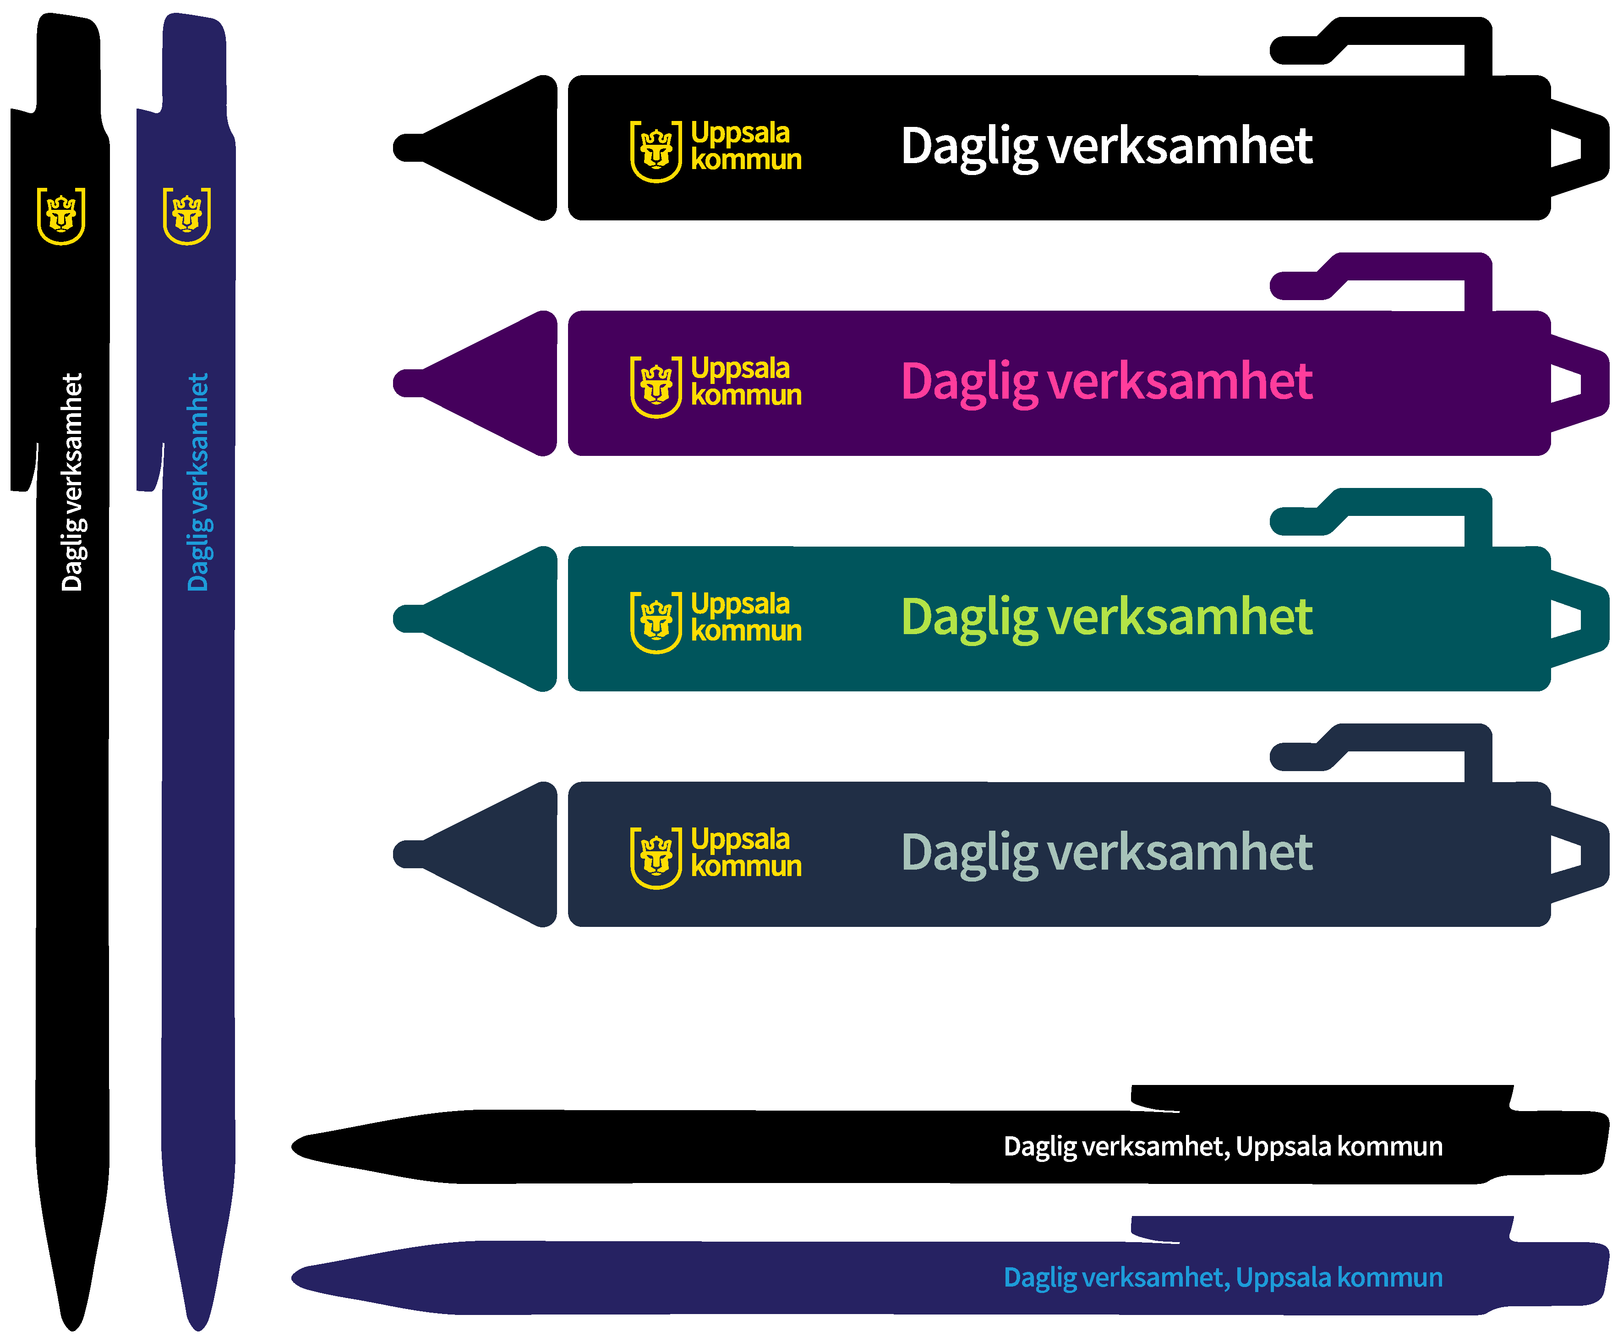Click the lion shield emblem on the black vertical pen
61,216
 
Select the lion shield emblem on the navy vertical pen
187,216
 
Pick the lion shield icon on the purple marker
656,387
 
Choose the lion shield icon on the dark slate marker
656,858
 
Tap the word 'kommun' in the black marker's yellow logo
746,160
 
